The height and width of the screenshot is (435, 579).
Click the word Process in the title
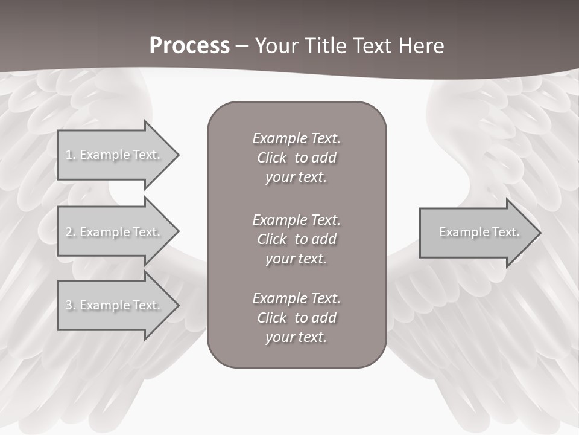[189, 46]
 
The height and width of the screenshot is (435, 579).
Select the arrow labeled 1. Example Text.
[115, 155]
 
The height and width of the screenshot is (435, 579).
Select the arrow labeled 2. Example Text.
[115, 232]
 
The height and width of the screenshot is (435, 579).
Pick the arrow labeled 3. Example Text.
[115, 305]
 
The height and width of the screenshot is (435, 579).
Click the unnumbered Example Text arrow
[476, 232]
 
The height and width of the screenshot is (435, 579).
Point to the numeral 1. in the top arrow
[70, 155]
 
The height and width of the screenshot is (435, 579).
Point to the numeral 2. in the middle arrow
[70, 232]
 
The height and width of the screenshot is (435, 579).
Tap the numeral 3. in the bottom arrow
[70, 305]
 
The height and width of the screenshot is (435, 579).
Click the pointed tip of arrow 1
[177, 155]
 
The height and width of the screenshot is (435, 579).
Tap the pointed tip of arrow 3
[177, 305]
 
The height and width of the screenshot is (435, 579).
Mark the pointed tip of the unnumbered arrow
[539, 232]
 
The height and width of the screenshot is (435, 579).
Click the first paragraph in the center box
[296, 158]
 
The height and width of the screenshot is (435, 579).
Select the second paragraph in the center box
[296, 239]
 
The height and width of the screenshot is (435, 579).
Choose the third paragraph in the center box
[296, 318]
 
